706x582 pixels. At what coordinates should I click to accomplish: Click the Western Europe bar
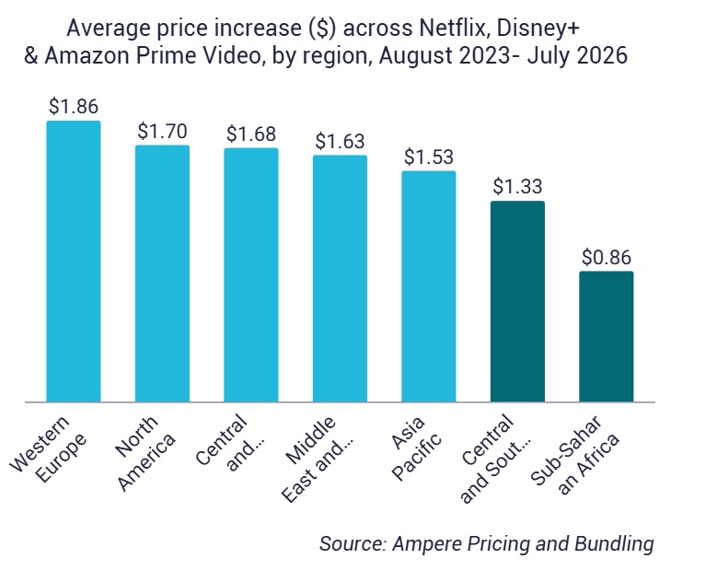pos(74,262)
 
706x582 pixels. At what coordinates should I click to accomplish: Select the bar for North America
pos(162,274)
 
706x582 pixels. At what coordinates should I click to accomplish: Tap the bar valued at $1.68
pos(250,274)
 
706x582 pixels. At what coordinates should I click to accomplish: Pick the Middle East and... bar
pos(340,278)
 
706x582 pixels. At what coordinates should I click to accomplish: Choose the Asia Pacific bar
pos(429,286)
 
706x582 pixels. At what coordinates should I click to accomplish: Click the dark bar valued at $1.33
pos(517,301)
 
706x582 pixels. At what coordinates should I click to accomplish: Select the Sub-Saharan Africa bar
pos(606,336)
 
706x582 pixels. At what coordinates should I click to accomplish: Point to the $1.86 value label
pos(74,106)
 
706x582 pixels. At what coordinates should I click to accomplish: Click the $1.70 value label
pos(162,131)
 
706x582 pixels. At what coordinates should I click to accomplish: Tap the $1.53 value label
pos(429,157)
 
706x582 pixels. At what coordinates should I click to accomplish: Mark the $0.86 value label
pos(607,257)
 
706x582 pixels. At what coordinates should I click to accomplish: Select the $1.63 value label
pos(340,142)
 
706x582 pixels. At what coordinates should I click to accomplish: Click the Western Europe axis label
pos(48,449)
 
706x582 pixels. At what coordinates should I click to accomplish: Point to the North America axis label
pos(145,453)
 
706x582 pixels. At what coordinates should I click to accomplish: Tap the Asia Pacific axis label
pos(415,448)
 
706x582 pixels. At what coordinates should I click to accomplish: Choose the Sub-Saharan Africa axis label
pos(575,455)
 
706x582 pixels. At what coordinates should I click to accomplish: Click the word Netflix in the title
pos(455,28)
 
